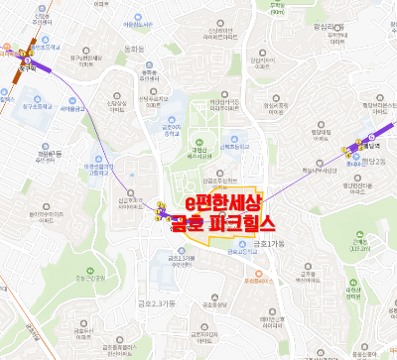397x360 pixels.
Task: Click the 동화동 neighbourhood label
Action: [135, 47]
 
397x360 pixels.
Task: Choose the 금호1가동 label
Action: [267, 243]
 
